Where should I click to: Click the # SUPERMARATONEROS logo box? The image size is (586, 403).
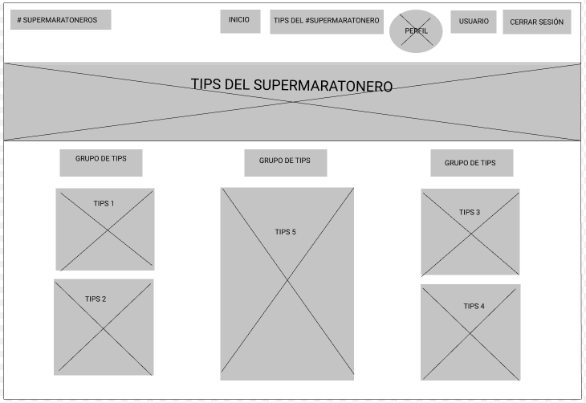coord(60,20)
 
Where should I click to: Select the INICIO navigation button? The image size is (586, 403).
coord(240,22)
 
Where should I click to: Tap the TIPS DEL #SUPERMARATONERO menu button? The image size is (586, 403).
coord(327,22)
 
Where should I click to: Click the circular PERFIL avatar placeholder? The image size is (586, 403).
coord(416,31)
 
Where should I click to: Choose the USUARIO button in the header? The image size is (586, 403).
coord(474,22)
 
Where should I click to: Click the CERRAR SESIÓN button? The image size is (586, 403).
coord(537,22)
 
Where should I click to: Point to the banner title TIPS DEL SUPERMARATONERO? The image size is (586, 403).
coord(291,85)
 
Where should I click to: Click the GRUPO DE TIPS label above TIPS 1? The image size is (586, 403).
coord(101,163)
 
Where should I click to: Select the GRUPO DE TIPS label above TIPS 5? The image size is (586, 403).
coord(286,163)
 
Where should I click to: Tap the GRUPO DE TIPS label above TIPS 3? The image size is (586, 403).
coord(472,163)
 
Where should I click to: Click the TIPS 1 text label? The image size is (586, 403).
coord(104,203)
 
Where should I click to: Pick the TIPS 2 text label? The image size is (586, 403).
coord(96,299)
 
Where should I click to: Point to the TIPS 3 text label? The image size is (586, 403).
coord(470,213)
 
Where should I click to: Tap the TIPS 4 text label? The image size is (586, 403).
coord(474,306)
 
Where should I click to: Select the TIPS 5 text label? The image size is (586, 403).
coord(285,232)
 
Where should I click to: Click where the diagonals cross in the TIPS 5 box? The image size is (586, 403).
coord(287,279)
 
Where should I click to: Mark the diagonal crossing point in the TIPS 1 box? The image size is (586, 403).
coord(108,230)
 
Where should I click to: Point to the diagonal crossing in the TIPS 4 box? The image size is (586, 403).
coord(470,333)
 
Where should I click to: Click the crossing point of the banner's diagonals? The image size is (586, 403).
coord(293,102)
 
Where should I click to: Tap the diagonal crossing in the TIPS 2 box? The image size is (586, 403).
coord(104,328)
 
